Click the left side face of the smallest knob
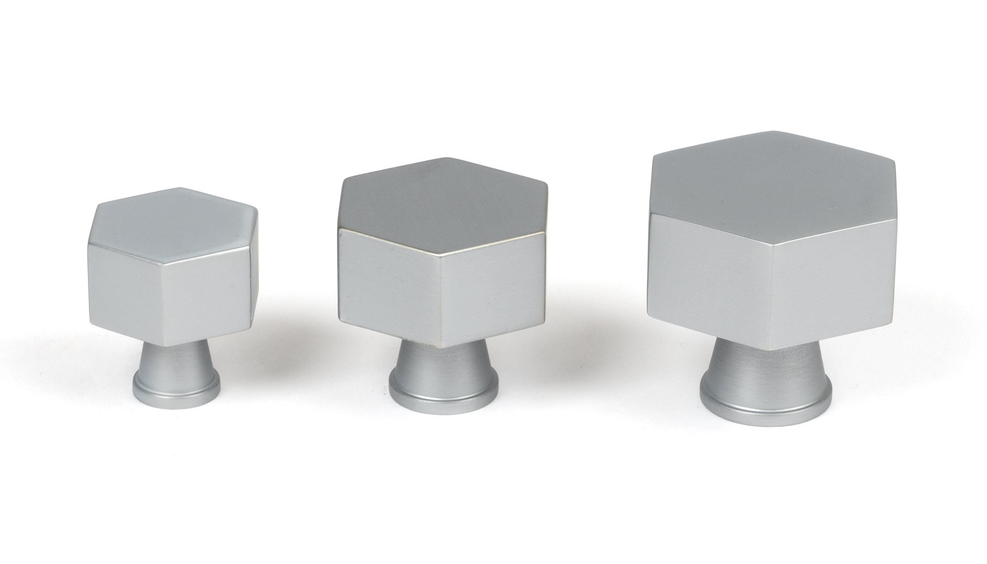(128, 286)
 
